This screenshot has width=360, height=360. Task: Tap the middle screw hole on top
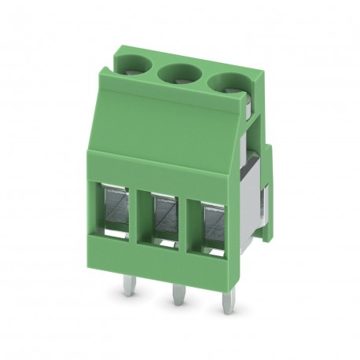[x=178, y=75]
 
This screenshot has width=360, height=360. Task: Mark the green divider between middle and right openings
[x=189, y=218]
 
